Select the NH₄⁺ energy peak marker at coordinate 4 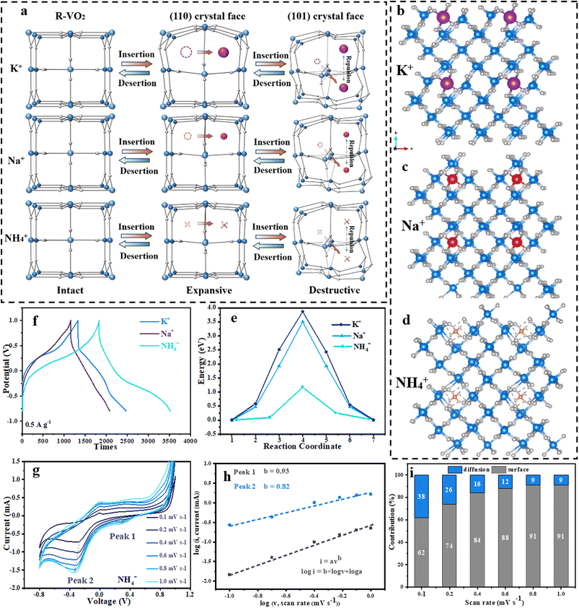click(x=303, y=387)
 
